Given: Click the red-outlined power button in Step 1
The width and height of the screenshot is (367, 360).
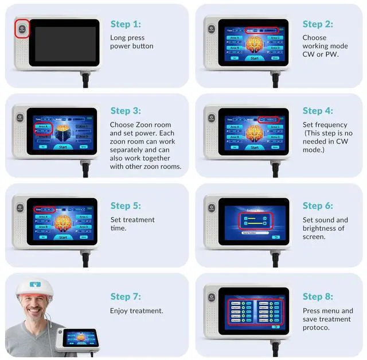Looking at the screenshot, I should coord(22,29).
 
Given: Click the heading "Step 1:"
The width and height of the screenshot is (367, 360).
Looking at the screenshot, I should coord(126,24).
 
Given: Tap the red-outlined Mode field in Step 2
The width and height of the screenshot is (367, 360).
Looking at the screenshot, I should coord(261,29).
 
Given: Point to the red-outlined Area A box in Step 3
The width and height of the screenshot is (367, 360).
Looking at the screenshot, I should coord(42,128).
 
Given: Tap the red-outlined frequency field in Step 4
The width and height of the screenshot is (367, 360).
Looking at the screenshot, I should coord(268,119).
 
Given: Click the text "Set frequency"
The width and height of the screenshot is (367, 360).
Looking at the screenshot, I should coord(325,125).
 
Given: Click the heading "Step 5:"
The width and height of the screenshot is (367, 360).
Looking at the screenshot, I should coord(126,206).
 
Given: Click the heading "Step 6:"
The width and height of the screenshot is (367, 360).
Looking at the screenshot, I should coord(317,206).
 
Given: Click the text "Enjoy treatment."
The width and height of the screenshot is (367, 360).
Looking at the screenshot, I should coord(136,311).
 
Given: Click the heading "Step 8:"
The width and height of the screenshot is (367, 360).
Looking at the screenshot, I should coord(317,296).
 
